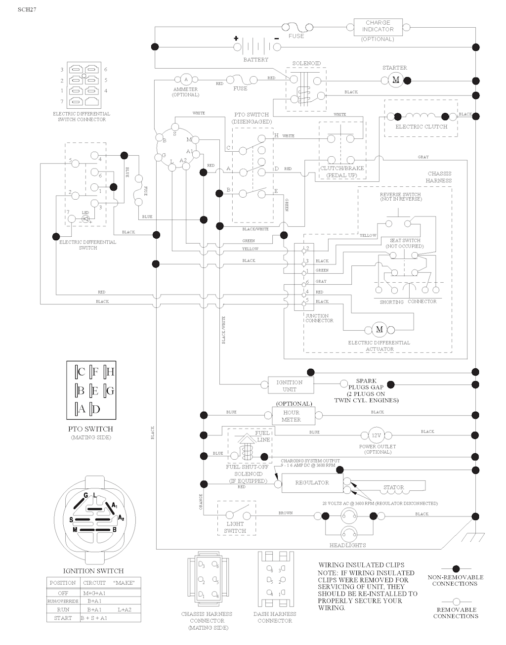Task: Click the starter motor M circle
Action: (x=395, y=80)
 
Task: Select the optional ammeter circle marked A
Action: (x=186, y=80)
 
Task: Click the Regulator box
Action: (x=312, y=482)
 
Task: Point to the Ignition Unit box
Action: (x=289, y=386)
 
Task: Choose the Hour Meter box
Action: (x=291, y=416)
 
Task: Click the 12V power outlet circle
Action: (x=377, y=435)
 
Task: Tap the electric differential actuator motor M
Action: (x=379, y=329)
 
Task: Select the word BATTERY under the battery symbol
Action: (x=255, y=60)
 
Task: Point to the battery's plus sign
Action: (x=236, y=38)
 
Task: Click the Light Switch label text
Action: (x=235, y=527)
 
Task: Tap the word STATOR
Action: (x=394, y=487)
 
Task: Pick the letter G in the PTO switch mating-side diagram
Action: (x=110, y=390)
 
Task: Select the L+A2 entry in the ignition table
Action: (x=124, y=609)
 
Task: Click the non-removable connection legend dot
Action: (x=456, y=569)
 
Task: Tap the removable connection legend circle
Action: (x=456, y=602)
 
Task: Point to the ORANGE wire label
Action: (x=201, y=502)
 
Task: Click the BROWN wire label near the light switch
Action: (x=286, y=513)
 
